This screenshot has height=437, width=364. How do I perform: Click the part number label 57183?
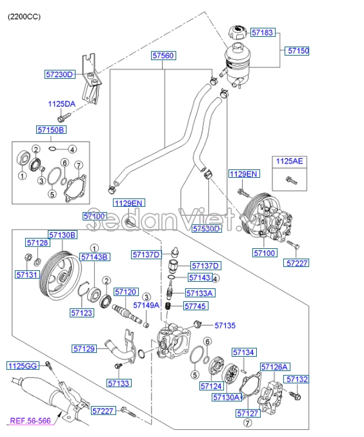click(263, 32)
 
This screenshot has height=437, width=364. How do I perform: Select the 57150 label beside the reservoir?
click(298, 50)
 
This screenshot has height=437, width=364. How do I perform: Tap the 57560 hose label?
click(163, 56)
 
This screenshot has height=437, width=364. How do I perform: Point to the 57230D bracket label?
click(60, 74)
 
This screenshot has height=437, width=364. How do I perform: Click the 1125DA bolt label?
click(61, 103)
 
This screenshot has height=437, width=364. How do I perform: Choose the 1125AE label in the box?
click(290, 160)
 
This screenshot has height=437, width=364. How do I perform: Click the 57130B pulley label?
click(63, 235)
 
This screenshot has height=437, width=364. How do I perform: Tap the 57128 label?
click(37, 243)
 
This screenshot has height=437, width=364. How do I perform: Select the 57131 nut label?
click(28, 275)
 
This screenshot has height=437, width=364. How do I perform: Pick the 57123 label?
click(82, 313)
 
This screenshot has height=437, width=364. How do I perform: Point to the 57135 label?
click(225, 326)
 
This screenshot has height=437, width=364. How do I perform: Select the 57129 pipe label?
click(84, 349)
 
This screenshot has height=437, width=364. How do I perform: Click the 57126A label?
click(274, 367)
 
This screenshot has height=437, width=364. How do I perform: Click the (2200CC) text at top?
click(24, 16)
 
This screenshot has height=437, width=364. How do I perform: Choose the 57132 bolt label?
click(297, 379)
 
